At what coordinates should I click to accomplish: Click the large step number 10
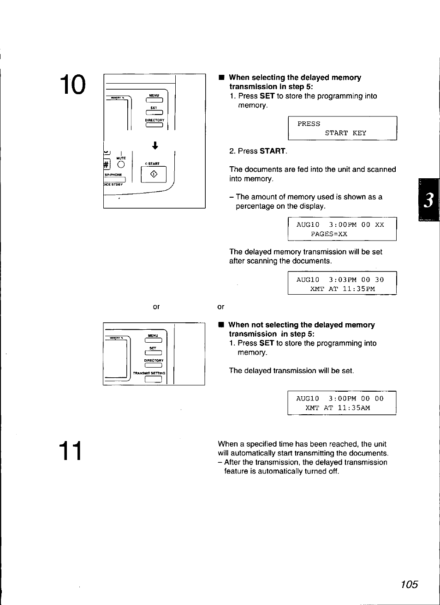pos(72,85)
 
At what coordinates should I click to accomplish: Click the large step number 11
pos(71,451)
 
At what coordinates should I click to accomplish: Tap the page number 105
pos(409,584)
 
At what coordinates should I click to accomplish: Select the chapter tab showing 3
pos(428,200)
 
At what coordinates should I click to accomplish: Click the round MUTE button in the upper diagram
pos(121,164)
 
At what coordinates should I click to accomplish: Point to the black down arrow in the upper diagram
pos(155,145)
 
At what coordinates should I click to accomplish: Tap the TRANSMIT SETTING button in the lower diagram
pos(153,379)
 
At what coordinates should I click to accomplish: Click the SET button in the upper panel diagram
pos(154,112)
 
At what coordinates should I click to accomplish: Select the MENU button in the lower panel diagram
pos(153,340)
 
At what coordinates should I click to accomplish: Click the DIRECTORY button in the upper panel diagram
pos(154,125)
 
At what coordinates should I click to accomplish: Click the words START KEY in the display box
pos(345,133)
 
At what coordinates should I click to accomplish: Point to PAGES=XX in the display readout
pos(329,234)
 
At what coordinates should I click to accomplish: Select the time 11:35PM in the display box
pos(358,289)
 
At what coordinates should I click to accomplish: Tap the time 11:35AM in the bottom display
pos(353,408)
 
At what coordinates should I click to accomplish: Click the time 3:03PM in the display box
pos(342,280)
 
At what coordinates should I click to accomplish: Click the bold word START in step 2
pos(272,151)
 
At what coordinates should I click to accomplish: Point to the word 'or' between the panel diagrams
pos(156,307)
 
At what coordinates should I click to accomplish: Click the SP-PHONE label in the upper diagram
pos(113,175)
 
